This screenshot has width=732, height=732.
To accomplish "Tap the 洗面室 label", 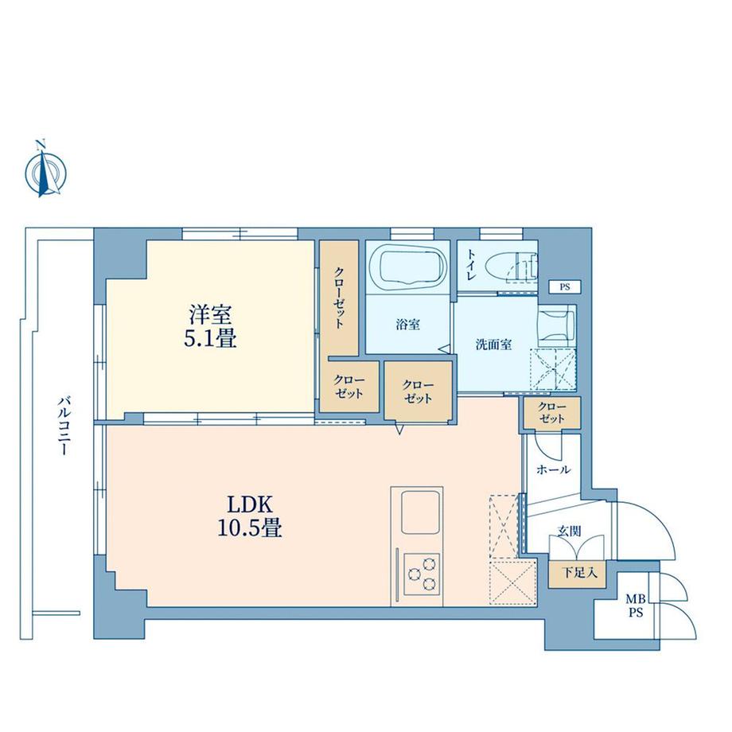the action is [493, 345].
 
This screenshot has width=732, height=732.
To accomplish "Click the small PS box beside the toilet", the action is [564, 286].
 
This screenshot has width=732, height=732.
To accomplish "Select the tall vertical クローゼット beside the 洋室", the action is [338, 298].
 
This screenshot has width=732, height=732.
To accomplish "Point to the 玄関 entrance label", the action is [568, 531].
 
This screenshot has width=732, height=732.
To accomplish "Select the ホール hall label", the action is [553, 469].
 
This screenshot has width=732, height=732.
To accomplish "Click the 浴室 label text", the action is [408, 325].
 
